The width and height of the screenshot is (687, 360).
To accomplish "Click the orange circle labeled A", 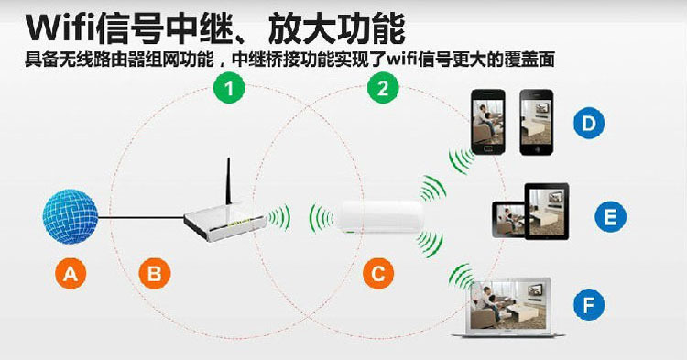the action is coord(71,273).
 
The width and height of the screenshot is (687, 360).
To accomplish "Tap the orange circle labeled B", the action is coord(155,273).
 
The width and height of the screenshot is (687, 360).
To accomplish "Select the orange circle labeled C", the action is coord(378,273).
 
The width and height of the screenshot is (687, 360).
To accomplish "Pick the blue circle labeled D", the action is coord(589,123).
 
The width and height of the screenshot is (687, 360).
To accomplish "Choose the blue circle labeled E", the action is coord(610,216).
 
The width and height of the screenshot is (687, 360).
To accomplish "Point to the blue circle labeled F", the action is coord(589,304).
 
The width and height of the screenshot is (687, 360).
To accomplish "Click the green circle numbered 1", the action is coord(229,88).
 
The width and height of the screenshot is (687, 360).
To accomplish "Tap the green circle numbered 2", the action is coord(383,88).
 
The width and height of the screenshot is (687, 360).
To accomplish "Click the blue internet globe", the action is coord(71,216).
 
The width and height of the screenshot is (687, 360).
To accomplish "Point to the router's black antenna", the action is coord(228,181).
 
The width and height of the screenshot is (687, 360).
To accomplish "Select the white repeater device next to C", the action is coord(379,217).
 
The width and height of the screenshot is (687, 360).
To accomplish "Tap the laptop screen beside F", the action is coord(510,304).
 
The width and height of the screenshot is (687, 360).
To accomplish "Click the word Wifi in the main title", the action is coord(60,29).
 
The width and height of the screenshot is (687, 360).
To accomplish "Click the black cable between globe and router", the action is coord(141,217).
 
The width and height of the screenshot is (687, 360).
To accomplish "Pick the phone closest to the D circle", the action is coord(536,122).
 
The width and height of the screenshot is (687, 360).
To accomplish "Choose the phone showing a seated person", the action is coord(487,122).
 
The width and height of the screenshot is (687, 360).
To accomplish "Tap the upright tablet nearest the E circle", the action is coord(547,211).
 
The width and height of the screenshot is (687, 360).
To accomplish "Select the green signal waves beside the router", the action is coord(278,217).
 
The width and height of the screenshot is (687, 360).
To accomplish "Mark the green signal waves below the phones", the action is coord(461,160).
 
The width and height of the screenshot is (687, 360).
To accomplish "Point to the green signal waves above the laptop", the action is coord(461,277).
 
